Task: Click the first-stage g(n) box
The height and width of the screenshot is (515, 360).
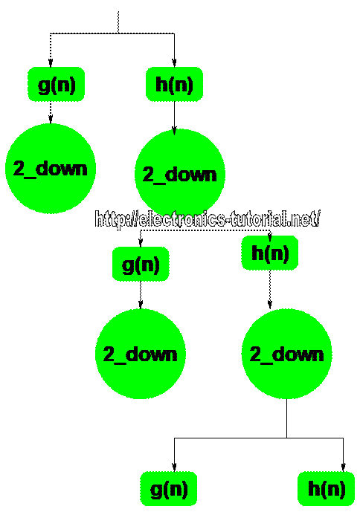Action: pyautogui.click(x=57, y=84)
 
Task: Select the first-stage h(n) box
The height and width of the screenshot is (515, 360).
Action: pyautogui.click(x=174, y=84)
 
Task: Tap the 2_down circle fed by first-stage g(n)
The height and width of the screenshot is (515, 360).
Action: pyautogui.click(x=51, y=169)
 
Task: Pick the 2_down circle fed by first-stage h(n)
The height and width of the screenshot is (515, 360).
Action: pyautogui.click(x=180, y=174)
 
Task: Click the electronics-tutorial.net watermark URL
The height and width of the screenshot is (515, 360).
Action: pyautogui.click(x=207, y=219)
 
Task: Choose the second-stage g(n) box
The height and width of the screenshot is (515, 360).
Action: pyautogui.click(x=141, y=264)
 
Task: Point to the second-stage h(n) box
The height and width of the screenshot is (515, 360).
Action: pyautogui.click(x=270, y=253)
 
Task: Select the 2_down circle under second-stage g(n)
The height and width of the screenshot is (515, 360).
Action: pyautogui.click(x=141, y=354)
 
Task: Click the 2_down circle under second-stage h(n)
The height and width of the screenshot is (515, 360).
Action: pyautogui.click(x=286, y=354)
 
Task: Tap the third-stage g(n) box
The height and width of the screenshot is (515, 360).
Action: pyautogui.click(x=169, y=489)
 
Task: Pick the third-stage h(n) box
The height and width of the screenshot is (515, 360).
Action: pyautogui.click(x=326, y=489)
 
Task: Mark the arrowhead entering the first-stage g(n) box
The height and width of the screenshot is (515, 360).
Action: pyautogui.click(x=51, y=62)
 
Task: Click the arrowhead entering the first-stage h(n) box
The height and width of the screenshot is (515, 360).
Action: pyautogui.click(x=174, y=62)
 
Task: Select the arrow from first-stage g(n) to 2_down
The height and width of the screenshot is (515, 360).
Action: pyautogui.click(x=51, y=112)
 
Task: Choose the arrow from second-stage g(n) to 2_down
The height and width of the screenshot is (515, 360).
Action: pyautogui.click(x=141, y=295)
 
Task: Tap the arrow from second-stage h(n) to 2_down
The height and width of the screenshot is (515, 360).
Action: pyautogui.click(x=270, y=289)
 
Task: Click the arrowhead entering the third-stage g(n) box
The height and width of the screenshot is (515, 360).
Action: pyautogui.click(x=174, y=467)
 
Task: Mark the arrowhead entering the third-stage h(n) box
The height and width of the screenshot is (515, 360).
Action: pyautogui.click(x=343, y=467)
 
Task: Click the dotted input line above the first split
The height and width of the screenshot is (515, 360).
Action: pyautogui.click(x=118, y=22)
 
